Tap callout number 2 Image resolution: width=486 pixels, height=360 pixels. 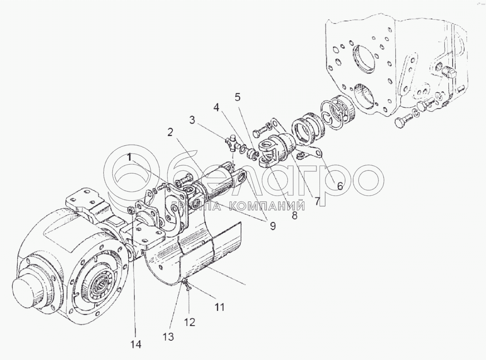click(x=170, y=132)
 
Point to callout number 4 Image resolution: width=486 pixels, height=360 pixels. click(x=216, y=107)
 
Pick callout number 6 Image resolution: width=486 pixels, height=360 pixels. click(x=339, y=186)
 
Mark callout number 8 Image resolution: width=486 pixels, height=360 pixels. click(x=294, y=215)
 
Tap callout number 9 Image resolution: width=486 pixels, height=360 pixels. click(x=273, y=226)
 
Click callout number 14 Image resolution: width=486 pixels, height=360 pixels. click(x=136, y=344)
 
